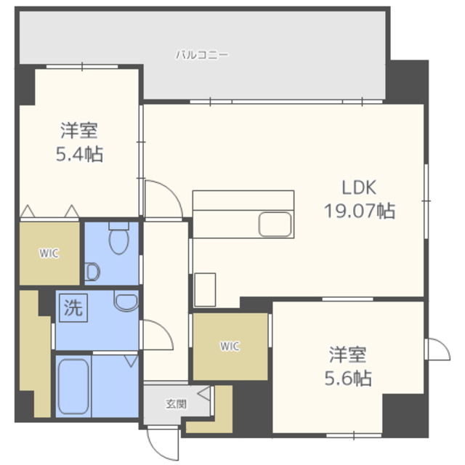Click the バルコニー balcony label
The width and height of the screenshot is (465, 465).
pos(202,54)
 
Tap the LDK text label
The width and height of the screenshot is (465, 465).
pos(359,188)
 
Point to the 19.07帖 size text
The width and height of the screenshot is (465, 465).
pos(360,211)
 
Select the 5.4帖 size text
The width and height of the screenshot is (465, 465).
pos(79,154)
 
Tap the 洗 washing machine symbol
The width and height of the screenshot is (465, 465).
pos(73,307)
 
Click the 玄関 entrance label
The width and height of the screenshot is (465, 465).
pos(175,403)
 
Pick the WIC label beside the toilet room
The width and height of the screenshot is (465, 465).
pos(49,254)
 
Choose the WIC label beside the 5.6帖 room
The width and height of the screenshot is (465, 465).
pos(230,347)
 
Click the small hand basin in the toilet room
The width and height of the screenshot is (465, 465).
pos(92,272)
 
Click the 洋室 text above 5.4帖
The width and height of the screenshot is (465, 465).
pos(79,132)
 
